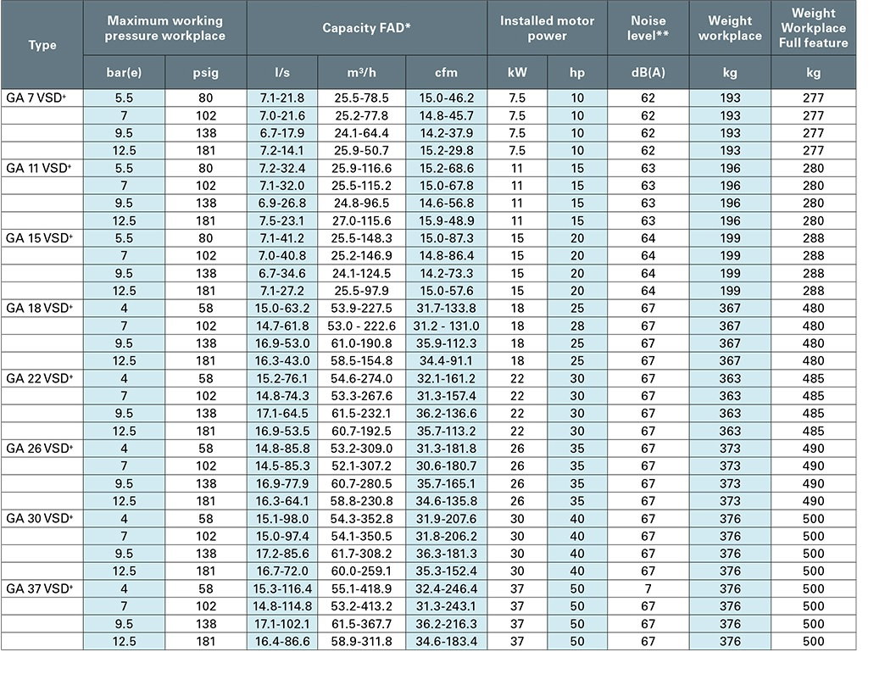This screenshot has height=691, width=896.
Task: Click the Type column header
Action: coord(42,45)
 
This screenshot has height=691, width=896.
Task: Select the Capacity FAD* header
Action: coord(366,28)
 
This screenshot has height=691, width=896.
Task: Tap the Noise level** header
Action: coord(648,28)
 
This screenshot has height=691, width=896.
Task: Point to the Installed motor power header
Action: coord(547,28)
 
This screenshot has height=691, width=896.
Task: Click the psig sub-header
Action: coord(205,72)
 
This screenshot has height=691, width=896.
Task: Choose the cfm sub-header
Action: coord(446,72)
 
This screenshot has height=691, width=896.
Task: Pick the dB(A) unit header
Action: coord(648,72)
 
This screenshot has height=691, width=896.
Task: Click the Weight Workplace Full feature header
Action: coord(813,28)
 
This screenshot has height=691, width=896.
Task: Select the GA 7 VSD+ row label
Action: coord(36,98)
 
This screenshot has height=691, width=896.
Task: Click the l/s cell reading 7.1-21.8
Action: coord(282,98)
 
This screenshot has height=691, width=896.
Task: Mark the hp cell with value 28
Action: coord(577,326)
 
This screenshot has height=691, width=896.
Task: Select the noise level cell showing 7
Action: coord(648,588)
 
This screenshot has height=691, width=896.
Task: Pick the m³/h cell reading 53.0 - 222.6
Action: coord(363,326)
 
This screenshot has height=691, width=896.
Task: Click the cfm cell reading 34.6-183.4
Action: coord(446,642)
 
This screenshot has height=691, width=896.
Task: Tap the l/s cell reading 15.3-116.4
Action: coord(282,588)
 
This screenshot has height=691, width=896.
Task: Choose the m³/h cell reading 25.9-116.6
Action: coord(363,168)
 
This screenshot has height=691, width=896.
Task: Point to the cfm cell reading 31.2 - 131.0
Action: coord(446,326)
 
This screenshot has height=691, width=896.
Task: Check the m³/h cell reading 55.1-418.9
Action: coord(363,588)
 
